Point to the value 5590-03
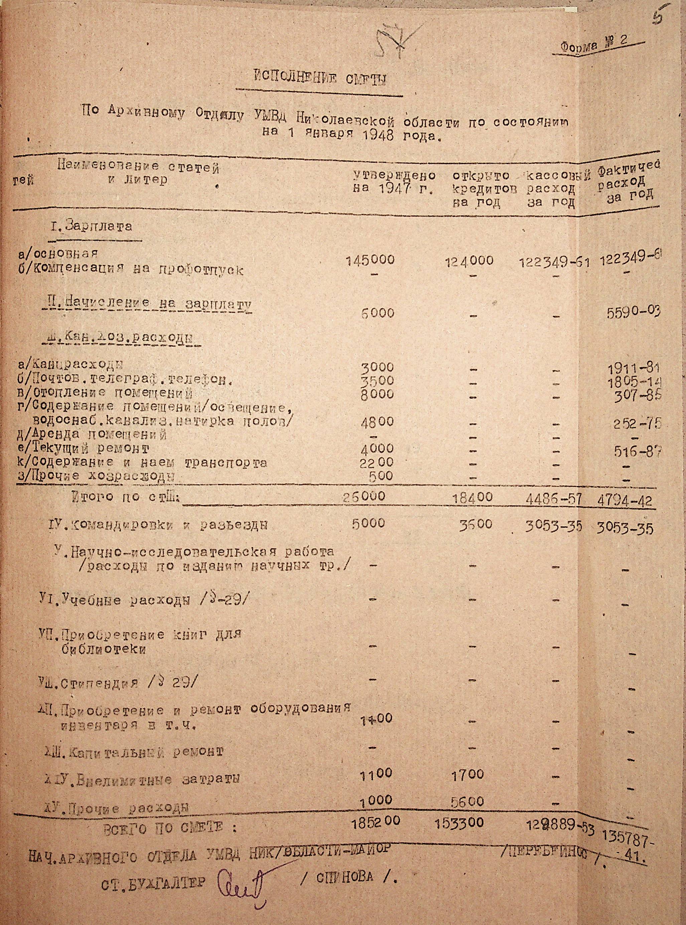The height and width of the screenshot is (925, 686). click(x=632, y=311)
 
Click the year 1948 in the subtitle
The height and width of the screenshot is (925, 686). click(x=378, y=136)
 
